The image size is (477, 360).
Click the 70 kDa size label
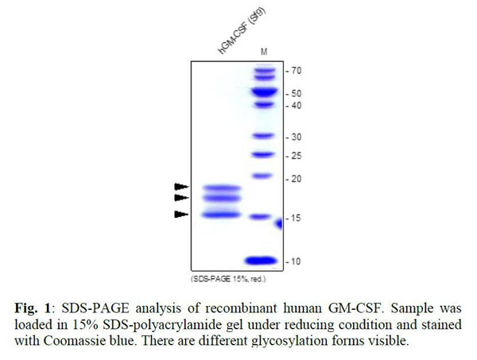(x=297, y=71)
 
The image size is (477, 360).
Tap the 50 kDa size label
(x=297, y=93)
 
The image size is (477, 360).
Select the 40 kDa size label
(x=297, y=106)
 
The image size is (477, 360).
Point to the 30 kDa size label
(x=297, y=137)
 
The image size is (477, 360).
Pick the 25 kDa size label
(x=297, y=155)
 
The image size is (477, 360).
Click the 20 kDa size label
(x=297, y=179)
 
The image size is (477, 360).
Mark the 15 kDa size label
(x=297, y=218)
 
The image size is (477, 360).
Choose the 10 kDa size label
(x=297, y=261)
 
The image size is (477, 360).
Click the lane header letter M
(x=264, y=52)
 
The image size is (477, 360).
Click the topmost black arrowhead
(x=181, y=186)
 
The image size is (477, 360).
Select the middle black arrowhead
(x=181, y=197)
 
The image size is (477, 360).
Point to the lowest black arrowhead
(x=181, y=214)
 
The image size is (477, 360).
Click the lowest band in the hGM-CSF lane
(x=220, y=213)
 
